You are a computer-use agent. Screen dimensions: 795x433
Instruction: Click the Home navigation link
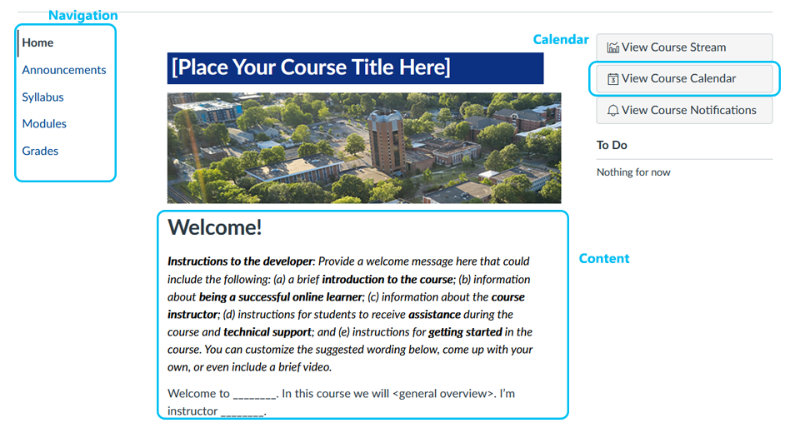point(37,43)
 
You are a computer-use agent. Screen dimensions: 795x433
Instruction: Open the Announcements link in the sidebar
point(64,70)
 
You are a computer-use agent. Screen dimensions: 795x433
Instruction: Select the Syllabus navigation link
point(42,97)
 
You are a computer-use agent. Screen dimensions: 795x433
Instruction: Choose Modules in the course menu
point(44,123)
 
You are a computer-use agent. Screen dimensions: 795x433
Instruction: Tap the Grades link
point(40,151)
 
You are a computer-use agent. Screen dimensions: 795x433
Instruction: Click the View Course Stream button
point(684,47)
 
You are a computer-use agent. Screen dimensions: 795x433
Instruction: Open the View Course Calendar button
point(684,78)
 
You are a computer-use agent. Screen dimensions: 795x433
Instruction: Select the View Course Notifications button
point(684,111)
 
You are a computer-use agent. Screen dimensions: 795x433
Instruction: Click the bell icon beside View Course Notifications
point(613,111)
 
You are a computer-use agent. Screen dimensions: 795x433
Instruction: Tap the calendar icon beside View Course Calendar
point(613,79)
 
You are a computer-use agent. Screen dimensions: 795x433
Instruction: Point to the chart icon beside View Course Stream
point(613,47)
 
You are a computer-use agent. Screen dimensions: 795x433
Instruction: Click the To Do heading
point(612,146)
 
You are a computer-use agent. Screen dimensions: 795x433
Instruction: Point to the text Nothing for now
point(633,172)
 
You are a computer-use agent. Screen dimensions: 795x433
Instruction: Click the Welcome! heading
point(215,227)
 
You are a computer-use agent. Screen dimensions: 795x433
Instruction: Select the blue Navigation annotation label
point(83,15)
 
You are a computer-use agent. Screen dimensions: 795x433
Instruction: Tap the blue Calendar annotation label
point(561,39)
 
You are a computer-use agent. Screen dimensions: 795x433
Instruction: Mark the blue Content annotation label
point(604,258)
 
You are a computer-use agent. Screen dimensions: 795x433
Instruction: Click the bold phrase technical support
point(267,332)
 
